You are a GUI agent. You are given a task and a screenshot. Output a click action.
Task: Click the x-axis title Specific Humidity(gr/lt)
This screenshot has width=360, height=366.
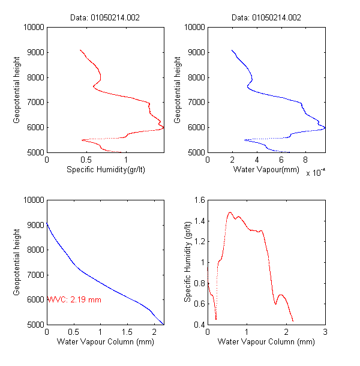click(x=105, y=169)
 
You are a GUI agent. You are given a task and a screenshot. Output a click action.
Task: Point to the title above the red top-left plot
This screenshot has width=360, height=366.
click(x=105, y=17)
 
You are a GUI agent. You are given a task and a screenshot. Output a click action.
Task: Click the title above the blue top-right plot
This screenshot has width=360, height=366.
click(x=266, y=17)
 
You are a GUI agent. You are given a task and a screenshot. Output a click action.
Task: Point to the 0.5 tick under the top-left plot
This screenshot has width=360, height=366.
click(x=86, y=160)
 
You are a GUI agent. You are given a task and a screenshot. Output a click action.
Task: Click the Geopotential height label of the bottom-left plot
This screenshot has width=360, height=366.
click(x=17, y=262)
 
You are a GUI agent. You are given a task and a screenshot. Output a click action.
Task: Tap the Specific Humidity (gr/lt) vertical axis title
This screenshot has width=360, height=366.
click(x=188, y=262)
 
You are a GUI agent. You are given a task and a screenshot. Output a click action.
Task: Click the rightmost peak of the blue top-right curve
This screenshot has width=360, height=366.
click(x=324, y=128)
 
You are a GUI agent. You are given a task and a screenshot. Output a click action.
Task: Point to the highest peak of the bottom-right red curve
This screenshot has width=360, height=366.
click(x=230, y=212)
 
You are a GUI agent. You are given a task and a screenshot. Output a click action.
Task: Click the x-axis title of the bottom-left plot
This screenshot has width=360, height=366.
click(x=105, y=342)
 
